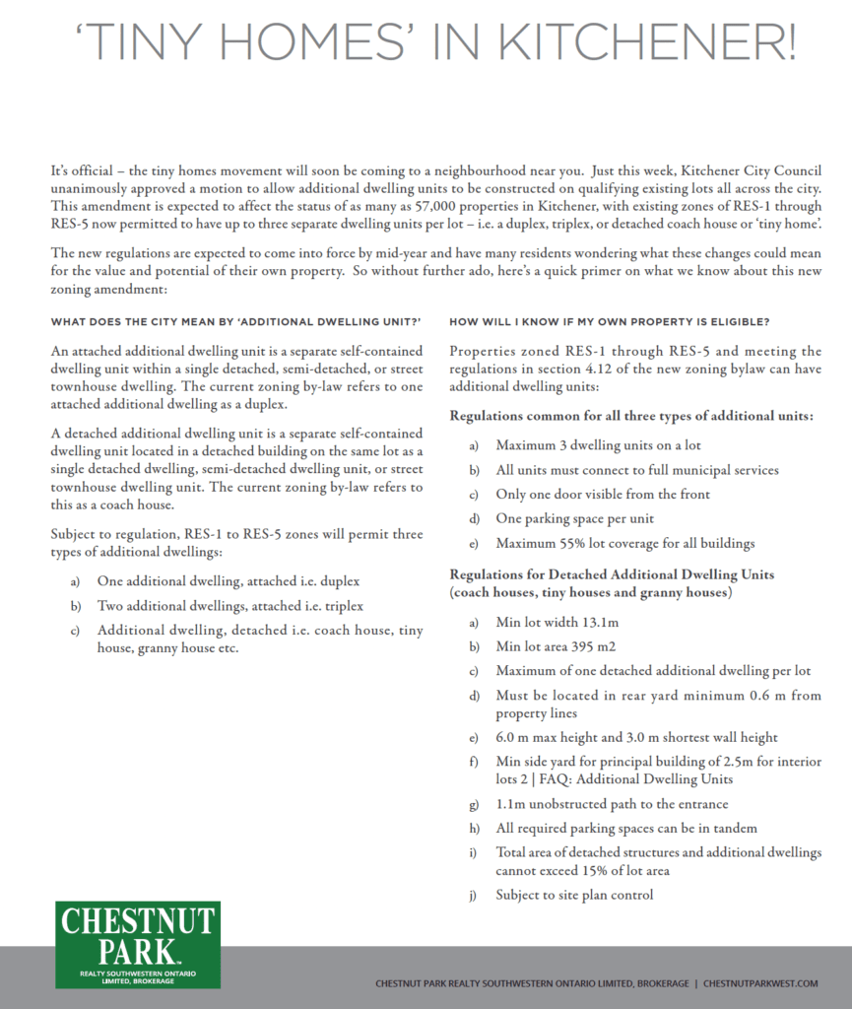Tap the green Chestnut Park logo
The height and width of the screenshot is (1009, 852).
(137, 943)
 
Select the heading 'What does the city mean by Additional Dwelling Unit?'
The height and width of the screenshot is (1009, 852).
(235, 322)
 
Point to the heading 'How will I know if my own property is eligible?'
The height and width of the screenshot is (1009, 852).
(609, 322)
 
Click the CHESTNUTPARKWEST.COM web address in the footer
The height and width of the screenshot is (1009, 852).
(761, 983)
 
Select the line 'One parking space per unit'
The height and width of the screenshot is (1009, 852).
(575, 518)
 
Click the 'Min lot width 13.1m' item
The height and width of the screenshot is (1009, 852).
(557, 623)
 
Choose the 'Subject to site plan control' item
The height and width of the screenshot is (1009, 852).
(574, 895)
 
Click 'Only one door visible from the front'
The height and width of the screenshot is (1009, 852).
(603, 494)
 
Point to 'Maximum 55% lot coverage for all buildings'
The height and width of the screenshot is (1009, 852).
(625, 543)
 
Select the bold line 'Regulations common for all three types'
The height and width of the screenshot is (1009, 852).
(631, 416)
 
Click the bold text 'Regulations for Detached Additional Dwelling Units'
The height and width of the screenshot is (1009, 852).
(612, 574)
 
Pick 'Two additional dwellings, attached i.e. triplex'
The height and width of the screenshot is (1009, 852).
(230, 606)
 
